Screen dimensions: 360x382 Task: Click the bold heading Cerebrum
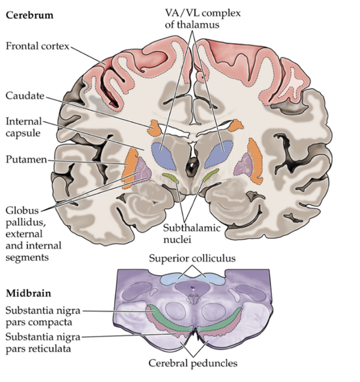pyautogui.click(x=30, y=15)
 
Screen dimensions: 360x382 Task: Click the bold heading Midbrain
pyautogui.click(x=29, y=293)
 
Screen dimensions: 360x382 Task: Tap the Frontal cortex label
pyautogui.click(x=38, y=46)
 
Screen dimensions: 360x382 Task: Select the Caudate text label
pyautogui.click(x=25, y=96)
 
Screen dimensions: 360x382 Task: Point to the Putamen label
pyautogui.click(x=26, y=160)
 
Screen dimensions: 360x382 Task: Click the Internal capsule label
pyautogui.click(x=24, y=127)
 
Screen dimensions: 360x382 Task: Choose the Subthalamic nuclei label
pyautogui.click(x=192, y=234)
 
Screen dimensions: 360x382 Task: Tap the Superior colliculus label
pyautogui.click(x=193, y=258)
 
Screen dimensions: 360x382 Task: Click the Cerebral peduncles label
pyautogui.click(x=193, y=363)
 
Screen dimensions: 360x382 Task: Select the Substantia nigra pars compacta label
pyautogui.click(x=43, y=316)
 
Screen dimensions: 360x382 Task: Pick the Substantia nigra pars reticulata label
pyautogui.click(x=43, y=343)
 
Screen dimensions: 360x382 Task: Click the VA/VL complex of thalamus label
pyautogui.click(x=203, y=18)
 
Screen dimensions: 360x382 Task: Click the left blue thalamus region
pyautogui.click(x=163, y=155)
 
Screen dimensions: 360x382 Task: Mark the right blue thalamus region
pyautogui.click(x=219, y=153)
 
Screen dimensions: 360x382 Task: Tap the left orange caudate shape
pyautogui.click(x=154, y=128)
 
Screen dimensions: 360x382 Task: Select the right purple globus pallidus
pyautogui.click(x=243, y=165)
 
